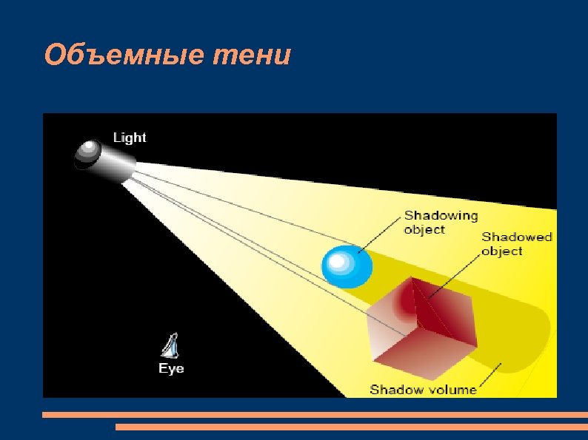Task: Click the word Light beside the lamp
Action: (130, 138)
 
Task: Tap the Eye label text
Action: (171, 368)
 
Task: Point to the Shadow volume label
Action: (423, 389)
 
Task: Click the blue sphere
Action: (347, 266)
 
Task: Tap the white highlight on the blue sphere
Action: (338, 260)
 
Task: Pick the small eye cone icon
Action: (171, 346)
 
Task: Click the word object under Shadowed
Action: (502, 251)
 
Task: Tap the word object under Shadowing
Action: (424, 230)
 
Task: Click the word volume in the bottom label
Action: (452, 389)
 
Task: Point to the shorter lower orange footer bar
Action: (351, 427)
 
